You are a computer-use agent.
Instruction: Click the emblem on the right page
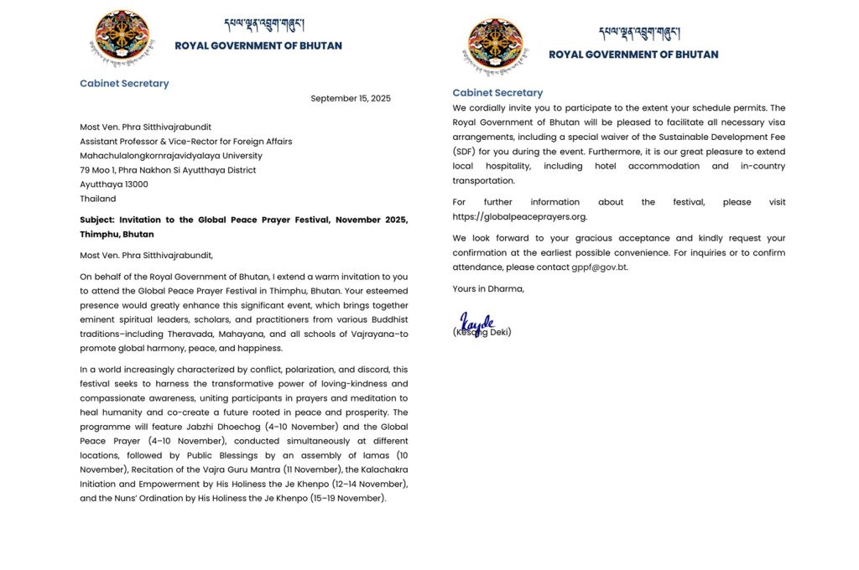pyautogui.click(x=496, y=45)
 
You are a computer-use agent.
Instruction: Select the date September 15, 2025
pyautogui.click(x=351, y=98)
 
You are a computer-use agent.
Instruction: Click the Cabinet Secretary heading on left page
pyautogui.click(x=124, y=83)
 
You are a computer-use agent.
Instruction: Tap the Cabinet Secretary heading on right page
pyautogui.click(x=497, y=92)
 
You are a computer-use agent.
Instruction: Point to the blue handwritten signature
pyautogui.click(x=477, y=323)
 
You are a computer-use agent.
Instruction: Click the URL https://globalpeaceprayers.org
pyautogui.click(x=519, y=216)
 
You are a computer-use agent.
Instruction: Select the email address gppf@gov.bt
pyautogui.click(x=599, y=267)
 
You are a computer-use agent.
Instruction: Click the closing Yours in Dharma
pyautogui.click(x=488, y=289)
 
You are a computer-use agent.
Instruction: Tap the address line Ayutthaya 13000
pyautogui.click(x=114, y=184)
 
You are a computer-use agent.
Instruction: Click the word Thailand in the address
pyautogui.click(x=98, y=199)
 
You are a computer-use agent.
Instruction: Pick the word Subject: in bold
pyautogui.click(x=96, y=220)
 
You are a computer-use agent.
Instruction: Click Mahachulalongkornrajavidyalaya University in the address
pyautogui.click(x=171, y=155)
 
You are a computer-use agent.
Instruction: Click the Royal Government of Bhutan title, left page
pyautogui.click(x=258, y=46)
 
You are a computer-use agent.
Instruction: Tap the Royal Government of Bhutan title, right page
pyautogui.click(x=633, y=54)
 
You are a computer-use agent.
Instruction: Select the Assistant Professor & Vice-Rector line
pyautogui.click(x=186, y=141)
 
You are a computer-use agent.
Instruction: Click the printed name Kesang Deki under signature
pyautogui.click(x=482, y=333)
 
